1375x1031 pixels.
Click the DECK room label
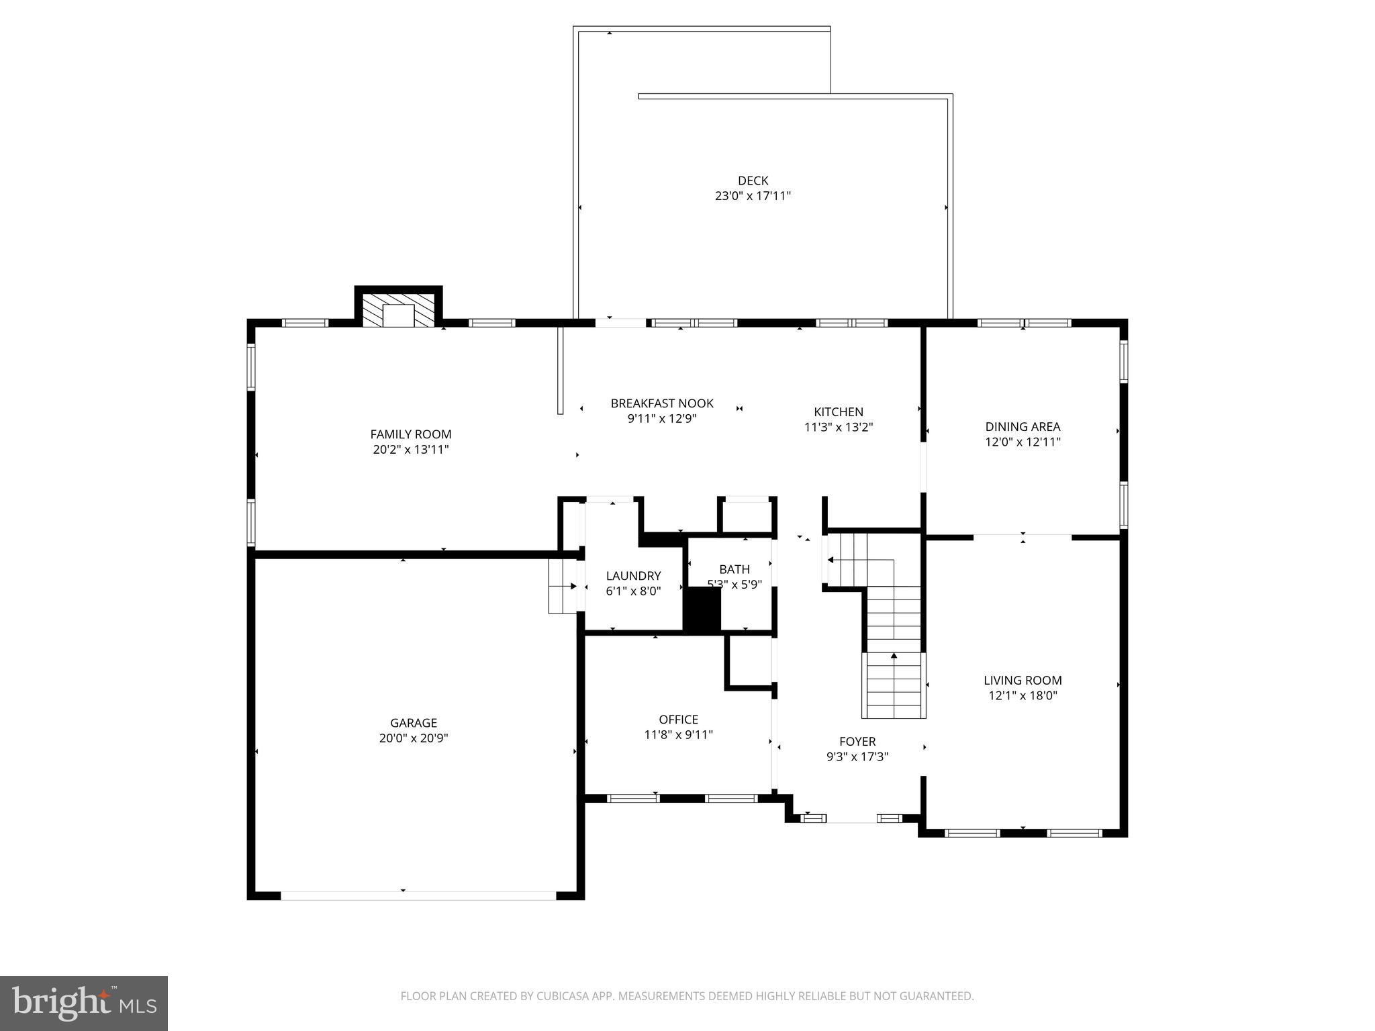[x=753, y=181]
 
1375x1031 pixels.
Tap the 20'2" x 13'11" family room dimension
[x=411, y=450]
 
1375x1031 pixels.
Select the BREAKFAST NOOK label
[x=662, y=403]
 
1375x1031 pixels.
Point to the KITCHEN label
[x=839, y=412]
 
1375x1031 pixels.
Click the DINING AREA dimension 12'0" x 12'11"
[x=1023, y=442]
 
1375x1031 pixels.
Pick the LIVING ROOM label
[x=1023, y=680]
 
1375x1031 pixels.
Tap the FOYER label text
[x=857, y=741]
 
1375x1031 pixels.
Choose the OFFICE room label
[x=678, y=719]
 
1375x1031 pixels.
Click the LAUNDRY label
[x=633, y=576]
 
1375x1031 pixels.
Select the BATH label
[x=734, y=569]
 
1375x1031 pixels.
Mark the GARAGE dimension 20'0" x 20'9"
[x=414, y=738]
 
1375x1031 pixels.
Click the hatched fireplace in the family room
[x=399, y=310]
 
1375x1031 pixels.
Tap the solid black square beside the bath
[x=702, y=609]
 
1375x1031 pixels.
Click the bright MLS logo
[x=84, y=1003]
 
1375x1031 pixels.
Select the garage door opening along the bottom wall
[x=418, y=895]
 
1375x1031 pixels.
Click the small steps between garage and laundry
[x=563, y=586]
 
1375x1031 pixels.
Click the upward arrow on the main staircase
[x=894, y=656]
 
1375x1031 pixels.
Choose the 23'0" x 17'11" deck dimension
[x=753, y=196]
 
